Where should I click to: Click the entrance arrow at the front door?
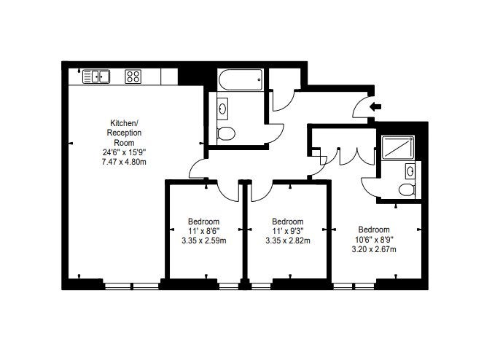375,107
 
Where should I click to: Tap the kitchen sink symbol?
96,77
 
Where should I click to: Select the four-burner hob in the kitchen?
133,77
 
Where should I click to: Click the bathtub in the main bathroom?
241,79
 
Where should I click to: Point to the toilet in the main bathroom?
226,133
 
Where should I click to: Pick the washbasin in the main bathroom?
222,109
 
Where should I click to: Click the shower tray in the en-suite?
397,147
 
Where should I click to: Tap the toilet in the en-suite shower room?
407,189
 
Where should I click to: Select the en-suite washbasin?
410,171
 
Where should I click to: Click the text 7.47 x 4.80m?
124,162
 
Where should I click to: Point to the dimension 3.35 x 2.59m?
203,240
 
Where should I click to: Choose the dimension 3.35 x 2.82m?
288,240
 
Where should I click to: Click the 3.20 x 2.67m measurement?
374,249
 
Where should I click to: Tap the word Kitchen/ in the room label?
125,123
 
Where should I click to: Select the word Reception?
124,133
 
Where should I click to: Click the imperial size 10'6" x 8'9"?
374,239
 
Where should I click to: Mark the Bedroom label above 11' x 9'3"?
288,222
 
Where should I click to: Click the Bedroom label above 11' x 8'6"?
203,222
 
